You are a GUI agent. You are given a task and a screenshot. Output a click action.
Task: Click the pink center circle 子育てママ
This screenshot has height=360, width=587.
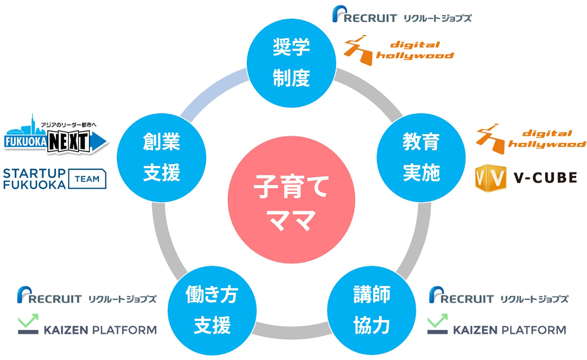coord(291,200)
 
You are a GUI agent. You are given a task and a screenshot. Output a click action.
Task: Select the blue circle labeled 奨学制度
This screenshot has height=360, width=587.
coord(291,63)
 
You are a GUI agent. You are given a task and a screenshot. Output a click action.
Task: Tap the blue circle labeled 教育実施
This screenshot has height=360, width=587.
coord(421,157)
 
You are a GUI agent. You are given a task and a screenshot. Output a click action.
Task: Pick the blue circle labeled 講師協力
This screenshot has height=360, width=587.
coord(372,311)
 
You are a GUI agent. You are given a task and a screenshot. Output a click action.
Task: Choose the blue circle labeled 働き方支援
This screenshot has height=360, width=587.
coord(212,311)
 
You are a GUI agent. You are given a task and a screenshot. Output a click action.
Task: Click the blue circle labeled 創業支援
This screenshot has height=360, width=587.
coord(161,157)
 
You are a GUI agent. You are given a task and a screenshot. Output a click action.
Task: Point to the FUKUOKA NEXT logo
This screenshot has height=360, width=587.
coord(56,134)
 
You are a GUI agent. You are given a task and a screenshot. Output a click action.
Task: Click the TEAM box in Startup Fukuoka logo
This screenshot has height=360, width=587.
coord(87,179)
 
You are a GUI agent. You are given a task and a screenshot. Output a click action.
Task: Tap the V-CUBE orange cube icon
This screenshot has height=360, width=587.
coord(490,178)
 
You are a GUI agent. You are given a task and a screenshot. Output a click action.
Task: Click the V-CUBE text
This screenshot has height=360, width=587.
coord(545,178)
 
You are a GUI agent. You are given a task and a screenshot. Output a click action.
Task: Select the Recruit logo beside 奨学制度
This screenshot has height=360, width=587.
coord(402,14)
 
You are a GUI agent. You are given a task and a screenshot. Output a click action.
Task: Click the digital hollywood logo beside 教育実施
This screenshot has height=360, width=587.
coord(531,139)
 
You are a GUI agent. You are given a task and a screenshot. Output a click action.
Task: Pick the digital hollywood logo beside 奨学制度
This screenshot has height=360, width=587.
coord(399,50)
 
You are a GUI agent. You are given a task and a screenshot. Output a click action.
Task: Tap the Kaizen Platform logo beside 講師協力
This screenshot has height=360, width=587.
coord(497,324)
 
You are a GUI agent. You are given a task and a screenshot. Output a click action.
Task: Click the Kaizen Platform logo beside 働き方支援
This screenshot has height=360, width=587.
coord(87,324)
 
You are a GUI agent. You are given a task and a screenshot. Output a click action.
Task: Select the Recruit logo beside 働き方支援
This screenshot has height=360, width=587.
coord(87,295)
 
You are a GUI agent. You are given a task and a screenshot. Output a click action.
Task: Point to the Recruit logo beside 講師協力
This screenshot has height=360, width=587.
coord(498,295)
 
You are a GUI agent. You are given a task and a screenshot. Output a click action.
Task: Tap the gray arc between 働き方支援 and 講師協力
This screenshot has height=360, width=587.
coord(292,332)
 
